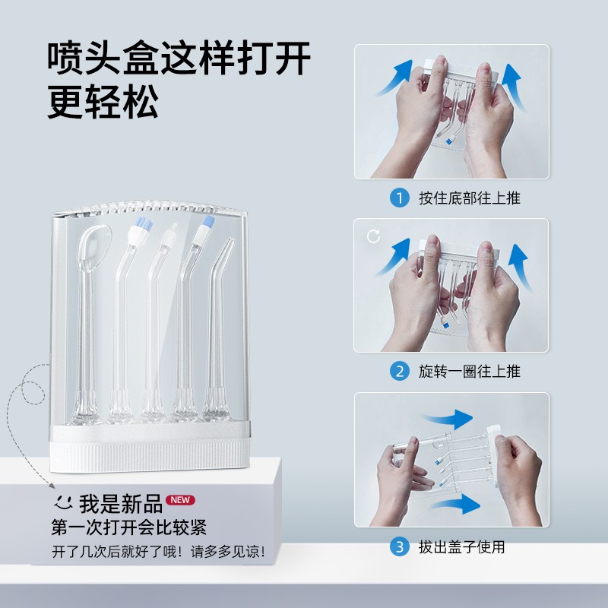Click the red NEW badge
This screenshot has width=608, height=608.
tap(180, 500)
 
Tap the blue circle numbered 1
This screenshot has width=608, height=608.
tap(400, 198)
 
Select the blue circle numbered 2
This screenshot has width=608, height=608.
tap(400, 372)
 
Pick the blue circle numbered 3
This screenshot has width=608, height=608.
tap(400, 546)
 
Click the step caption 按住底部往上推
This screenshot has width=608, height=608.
tap(470, 198)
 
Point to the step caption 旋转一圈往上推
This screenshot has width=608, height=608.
tap(470, 372)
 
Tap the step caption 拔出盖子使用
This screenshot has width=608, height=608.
tap(462, 546)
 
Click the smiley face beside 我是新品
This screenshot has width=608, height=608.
tap(63, 502)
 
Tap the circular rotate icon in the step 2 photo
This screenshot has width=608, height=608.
tap(373, 236)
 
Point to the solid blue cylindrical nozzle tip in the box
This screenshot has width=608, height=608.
tap(207, 222)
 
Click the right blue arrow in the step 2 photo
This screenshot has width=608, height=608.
tap(519, 267)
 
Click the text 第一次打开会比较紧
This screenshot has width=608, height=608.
tap(129, 527)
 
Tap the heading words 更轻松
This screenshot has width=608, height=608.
tap(103, 102)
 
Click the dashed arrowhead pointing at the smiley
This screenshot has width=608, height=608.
tap(52, 486)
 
